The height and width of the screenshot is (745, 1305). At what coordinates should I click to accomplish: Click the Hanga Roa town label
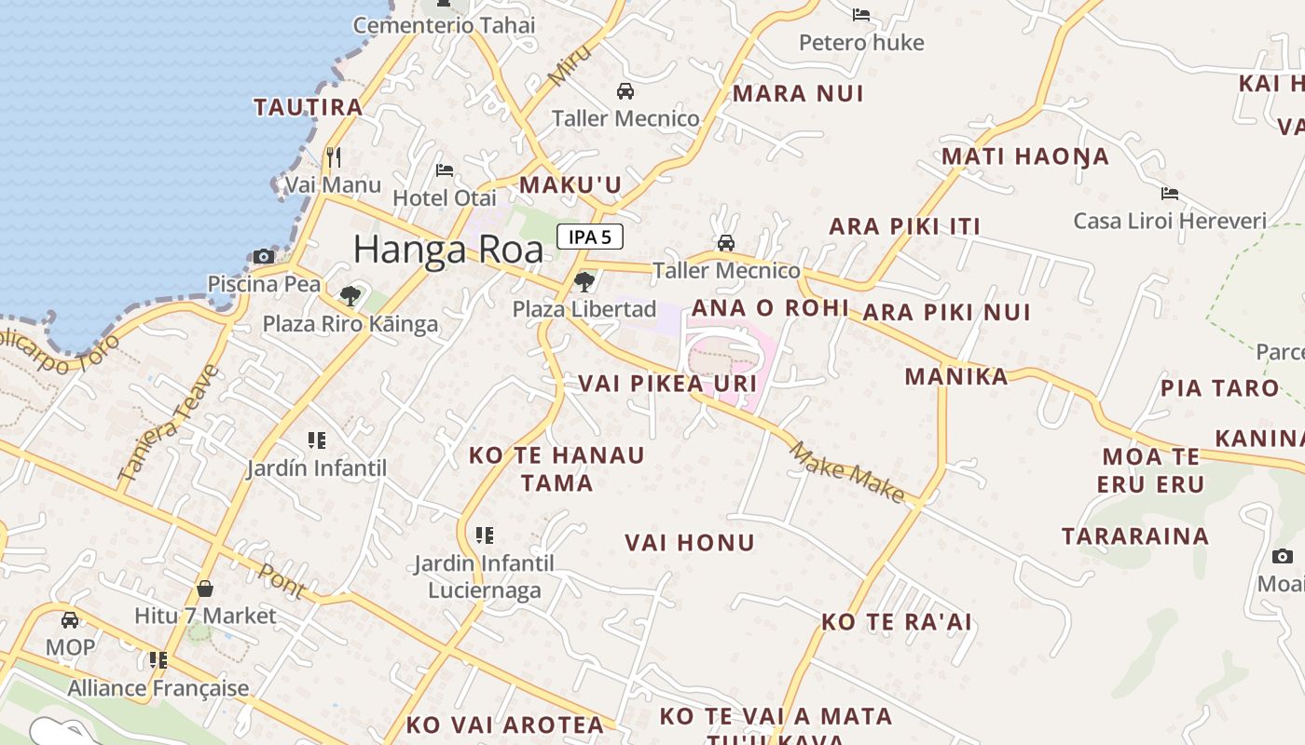pyautogui.click(x=447, y=250)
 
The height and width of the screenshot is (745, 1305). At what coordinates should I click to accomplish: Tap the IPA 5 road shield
pyautogui.click(x=590, y=237)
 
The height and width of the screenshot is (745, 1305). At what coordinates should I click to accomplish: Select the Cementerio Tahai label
pyautogui.click(x=445, y=25)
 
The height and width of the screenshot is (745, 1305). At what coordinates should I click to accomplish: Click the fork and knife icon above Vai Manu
pyautogui.click(x=333, y=156)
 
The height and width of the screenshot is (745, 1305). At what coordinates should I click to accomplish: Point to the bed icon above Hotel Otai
pyautogui.click(x=445, y=170)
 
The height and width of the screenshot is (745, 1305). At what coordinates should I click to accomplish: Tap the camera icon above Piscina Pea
pyautogui.click(x=264, y=256)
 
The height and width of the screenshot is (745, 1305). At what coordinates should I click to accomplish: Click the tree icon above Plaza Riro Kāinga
pyautogui.click(x=350, y=296)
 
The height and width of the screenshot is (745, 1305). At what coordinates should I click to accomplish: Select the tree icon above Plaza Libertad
pyautogui.click(x=584, y=280)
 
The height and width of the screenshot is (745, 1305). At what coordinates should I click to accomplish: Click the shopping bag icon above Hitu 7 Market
pyautogui.click(x=205, y=589)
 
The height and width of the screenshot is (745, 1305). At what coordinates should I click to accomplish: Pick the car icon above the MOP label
pyautogui.click(x=70, y=620)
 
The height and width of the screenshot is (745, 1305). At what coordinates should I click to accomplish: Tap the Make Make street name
pyautogui.click(x=846, y=473)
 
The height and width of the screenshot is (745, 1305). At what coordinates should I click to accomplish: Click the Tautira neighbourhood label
pyautogui.click(x=309, y=107)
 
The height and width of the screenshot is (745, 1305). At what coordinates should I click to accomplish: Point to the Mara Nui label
pyautogui.click(x=798, y=93)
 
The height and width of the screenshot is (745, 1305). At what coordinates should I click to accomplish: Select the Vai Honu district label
pyautogui.click(x=690, y=543)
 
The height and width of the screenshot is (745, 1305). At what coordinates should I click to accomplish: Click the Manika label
pyautogui.click(x=956, y=376)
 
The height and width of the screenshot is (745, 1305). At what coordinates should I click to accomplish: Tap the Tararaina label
pyautogui.click(x=1135, y=536)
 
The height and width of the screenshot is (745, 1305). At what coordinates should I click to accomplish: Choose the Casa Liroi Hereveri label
pyautogui.click(x=1170, y=221)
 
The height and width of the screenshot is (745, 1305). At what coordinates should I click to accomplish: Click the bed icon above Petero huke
pyautogui.click(x=861, y=15)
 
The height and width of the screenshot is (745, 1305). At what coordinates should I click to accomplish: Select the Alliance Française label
pyautogui.click(x=158, y=688)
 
